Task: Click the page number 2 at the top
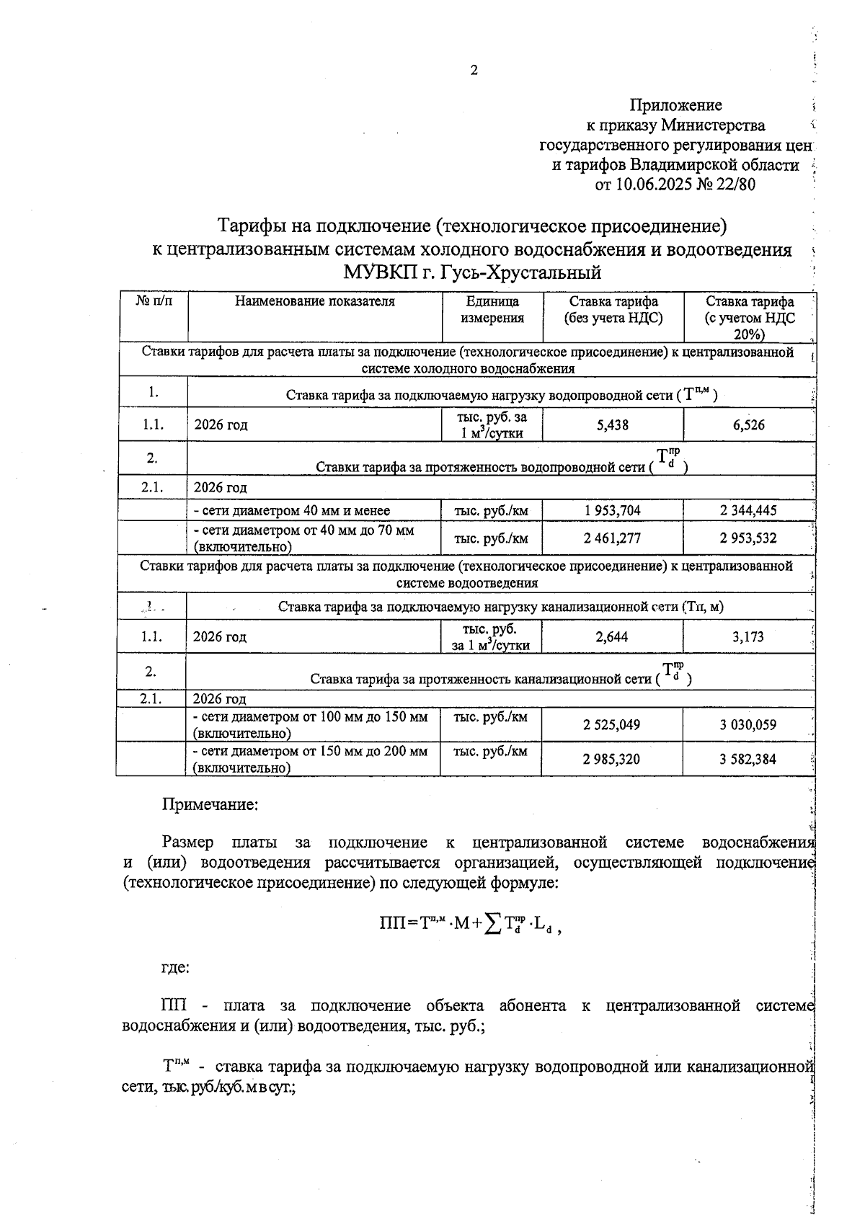[x=474, y=70]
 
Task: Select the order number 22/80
[x=735, y=184]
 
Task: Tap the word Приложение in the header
[x=675, y=106]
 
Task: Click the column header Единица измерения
[x=492, y=310]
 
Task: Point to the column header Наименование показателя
[x=315, y=302]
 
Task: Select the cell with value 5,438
[x=612, y=425]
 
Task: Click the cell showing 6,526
[x=749, y=425]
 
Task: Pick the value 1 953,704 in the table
[x=612, y=511]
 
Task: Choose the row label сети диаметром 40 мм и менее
[x=292, y=511]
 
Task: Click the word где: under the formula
[x=175, y=968]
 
